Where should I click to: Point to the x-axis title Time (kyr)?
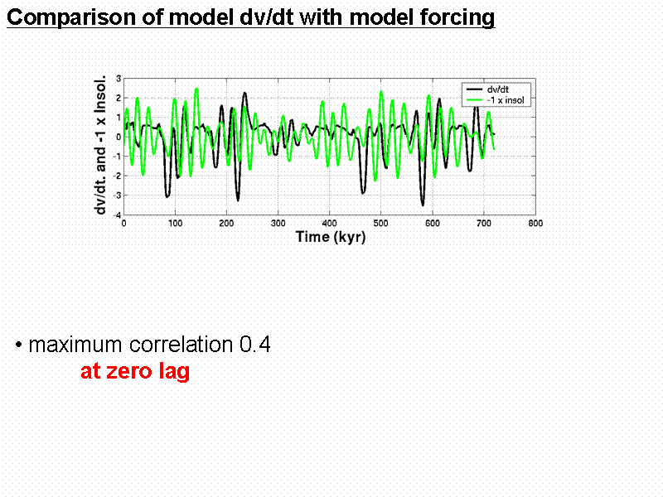[330, 237]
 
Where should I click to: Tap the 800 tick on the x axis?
[536, 223]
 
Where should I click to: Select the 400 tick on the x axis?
[330, 223]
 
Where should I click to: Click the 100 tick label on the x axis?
[176, 223]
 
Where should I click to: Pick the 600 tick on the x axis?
[433, 223]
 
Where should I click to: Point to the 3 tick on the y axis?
[119, 79]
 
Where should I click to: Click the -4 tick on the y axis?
[118, 215]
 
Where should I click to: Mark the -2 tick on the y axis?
[118, 176]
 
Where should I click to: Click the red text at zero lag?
[135, 372]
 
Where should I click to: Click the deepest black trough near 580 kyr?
[423, 204]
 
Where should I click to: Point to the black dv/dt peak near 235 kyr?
[244, 94]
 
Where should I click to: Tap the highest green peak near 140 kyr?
[196, 89]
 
